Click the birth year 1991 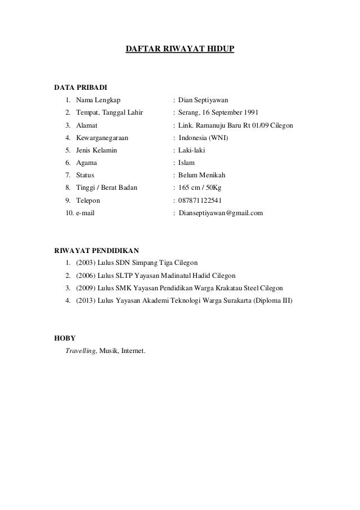click(252, 112)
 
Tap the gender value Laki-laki click(193, 150)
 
